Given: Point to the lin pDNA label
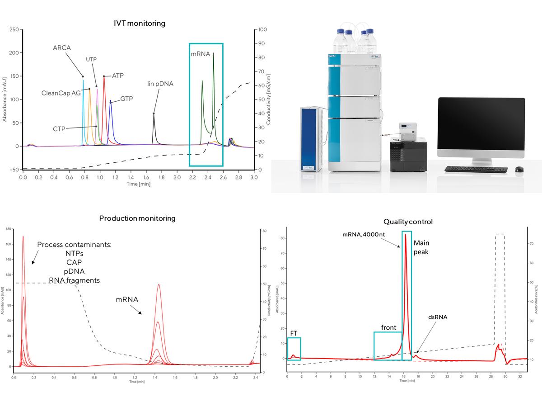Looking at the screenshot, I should [x=160, y=84].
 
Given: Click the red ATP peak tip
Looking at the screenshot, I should [x=104, y=76].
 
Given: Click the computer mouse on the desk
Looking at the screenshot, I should [x=519, y=170].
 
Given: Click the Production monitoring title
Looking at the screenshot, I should [x=137, y=218].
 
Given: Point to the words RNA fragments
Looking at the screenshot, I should [x=75, y=280].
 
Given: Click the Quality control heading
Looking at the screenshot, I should [x=408, y=222].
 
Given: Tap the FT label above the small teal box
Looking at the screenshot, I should [x=294, y=333].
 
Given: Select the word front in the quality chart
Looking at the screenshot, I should [x=388, y=328].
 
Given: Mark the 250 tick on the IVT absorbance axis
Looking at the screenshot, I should [x=15, y=29].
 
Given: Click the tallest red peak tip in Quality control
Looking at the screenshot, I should [x=405, y=234].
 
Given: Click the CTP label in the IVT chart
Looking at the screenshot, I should [x=59, y=128].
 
